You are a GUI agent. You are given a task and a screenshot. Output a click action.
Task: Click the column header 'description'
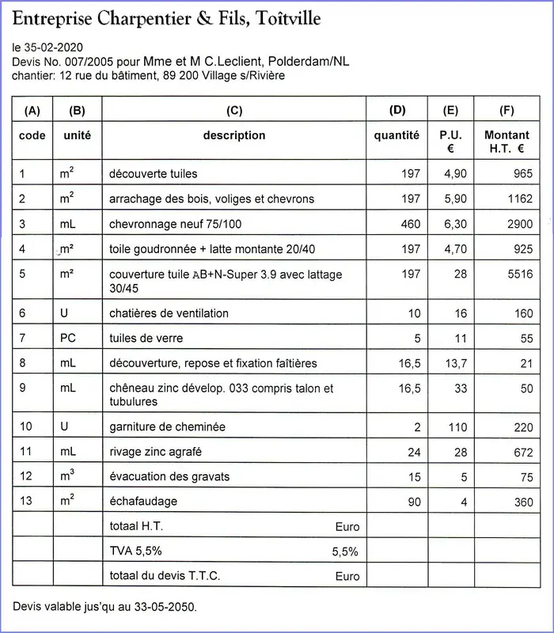click(234, 135)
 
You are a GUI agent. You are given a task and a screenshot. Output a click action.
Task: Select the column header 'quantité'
click(397, 135)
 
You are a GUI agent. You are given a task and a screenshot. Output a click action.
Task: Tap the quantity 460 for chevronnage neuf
click(411, 224)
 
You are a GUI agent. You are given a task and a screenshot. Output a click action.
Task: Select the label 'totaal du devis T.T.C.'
click(163, 575)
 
